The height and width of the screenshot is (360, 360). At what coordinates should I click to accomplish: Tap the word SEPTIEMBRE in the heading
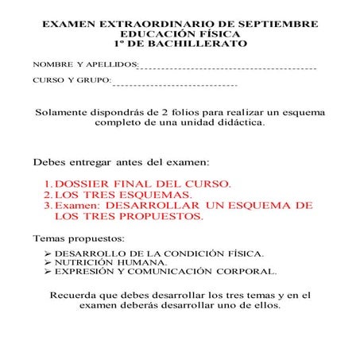coord(273,25)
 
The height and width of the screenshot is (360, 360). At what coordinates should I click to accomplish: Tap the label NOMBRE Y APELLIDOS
coord(84,64)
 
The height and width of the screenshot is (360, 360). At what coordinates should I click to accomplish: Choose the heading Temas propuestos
coord(78,238)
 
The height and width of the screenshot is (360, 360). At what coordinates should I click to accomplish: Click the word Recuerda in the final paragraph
coord(77,294)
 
